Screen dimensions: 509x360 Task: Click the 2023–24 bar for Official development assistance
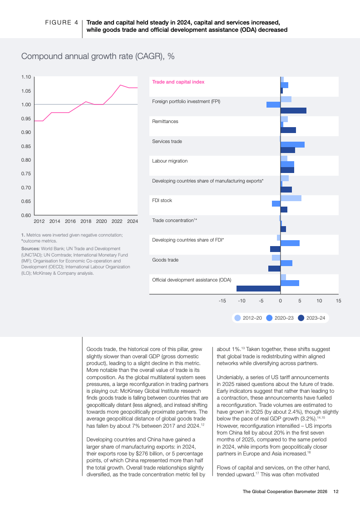pos(258,288)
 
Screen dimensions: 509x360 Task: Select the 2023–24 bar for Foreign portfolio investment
pos(293,110)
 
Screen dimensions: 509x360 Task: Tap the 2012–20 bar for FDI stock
pos(291,198)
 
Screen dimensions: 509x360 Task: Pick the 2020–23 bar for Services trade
pos(292,144)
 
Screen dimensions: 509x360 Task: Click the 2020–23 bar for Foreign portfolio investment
pos(273,104)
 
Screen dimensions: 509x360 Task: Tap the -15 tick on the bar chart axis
pos(222,301)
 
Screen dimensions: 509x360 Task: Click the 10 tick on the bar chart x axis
pos(319,301)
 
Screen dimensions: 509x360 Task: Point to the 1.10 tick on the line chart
pos(26,77)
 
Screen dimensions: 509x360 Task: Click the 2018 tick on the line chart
pos(86,222)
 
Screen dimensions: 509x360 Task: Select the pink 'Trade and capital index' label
pos(178,82)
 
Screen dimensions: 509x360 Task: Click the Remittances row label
pos(165,122)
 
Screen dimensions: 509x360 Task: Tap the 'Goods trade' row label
pos(165,260)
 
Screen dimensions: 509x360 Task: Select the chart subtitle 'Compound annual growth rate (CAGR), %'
pos(98,56)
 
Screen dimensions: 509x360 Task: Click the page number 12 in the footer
pos(336,491)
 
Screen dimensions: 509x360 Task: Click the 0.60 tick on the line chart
pos(26,215)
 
